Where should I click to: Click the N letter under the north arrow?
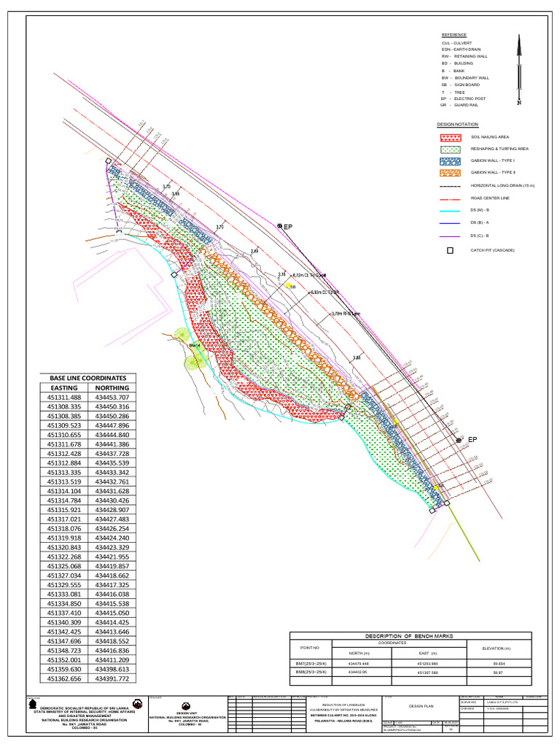(519, 104)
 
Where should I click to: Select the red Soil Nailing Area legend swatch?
(450, 137)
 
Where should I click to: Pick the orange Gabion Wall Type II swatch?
(450, 173)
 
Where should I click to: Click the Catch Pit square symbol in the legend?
(450, 250)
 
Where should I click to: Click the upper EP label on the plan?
(287, 227)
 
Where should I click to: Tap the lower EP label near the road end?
(472, 440)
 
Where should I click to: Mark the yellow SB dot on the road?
(288, 285)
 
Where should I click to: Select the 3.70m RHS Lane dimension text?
(346, 314)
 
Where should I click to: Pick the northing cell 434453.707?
(113, 397)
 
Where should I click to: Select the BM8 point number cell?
(310, 673)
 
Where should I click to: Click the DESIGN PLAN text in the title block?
(421, 706)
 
